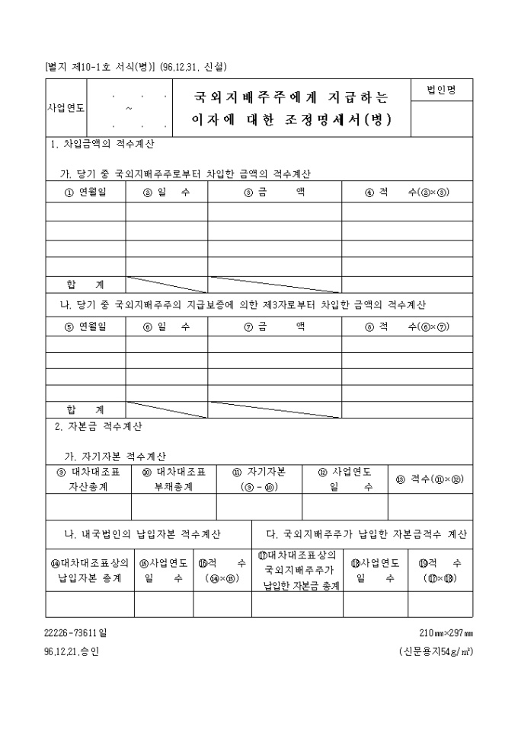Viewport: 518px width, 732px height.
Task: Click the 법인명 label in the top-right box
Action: [441, 91]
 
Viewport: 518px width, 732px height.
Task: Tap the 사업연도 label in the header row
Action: [66, 108]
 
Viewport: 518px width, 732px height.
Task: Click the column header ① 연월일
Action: [85, 193]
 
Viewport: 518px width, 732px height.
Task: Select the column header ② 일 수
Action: [166, 193]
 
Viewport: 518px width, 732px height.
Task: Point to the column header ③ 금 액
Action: [274, 193]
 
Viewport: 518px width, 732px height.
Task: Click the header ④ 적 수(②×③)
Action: [407, 193]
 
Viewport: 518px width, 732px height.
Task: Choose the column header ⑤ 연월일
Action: [85, 326]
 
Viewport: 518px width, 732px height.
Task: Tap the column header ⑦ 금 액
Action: [274, 326]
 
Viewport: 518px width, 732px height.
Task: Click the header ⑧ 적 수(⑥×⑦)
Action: [407, 326]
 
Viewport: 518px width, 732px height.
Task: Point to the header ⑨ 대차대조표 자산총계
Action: [88, 479]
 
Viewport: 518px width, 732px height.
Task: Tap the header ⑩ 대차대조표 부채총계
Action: [174, 479]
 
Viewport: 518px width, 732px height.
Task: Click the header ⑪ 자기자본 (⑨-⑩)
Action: [259, 479]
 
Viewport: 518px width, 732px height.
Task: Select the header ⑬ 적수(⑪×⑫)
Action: [430, 479]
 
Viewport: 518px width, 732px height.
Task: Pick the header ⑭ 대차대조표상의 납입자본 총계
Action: [90, 571]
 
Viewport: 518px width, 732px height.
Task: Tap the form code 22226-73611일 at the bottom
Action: [77, 632]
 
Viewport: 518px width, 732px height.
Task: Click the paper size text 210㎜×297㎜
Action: [446, 632]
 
